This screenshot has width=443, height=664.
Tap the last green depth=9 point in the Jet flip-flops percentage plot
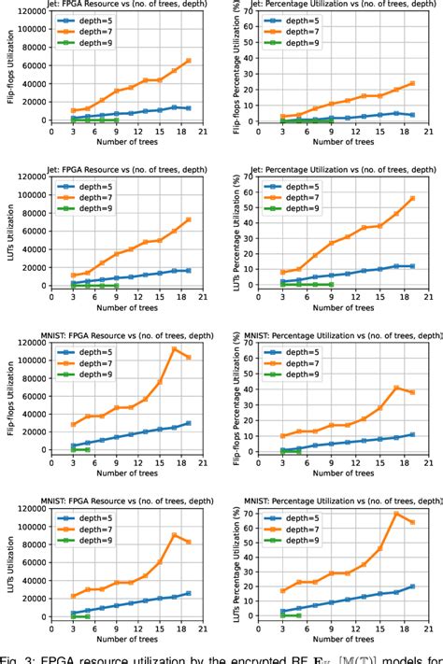pyautogui.click(x=329, y=120)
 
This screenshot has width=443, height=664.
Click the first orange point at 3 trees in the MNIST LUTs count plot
pyautogui.click(x=73, y=596)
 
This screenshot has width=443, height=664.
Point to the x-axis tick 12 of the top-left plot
pyautogui.click(x=127, y=133)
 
